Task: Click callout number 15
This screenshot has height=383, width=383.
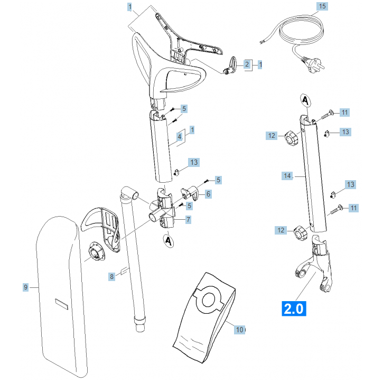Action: [x=322, y=7]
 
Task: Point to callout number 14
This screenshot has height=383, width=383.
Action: [x=287, y=175]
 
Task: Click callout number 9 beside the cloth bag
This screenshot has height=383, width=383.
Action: [x=25, y=287]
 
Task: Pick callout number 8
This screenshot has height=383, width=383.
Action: [x=111, y=276]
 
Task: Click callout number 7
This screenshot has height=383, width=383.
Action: [x=188, y=219]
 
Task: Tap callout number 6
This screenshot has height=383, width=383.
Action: [x=208, y=194]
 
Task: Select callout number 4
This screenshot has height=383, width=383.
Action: [x=180, y=136]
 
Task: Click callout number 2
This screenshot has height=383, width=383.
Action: [x=246, y=64]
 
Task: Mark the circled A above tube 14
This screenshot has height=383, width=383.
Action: [x=304, y=99]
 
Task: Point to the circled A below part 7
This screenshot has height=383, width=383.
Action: [x=169, y=241]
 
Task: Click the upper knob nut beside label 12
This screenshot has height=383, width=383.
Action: [x=291, y=138]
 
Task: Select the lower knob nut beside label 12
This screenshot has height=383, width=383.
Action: [x=301, y=231]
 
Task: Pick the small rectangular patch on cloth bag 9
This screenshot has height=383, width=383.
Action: [x=62, y=304]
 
